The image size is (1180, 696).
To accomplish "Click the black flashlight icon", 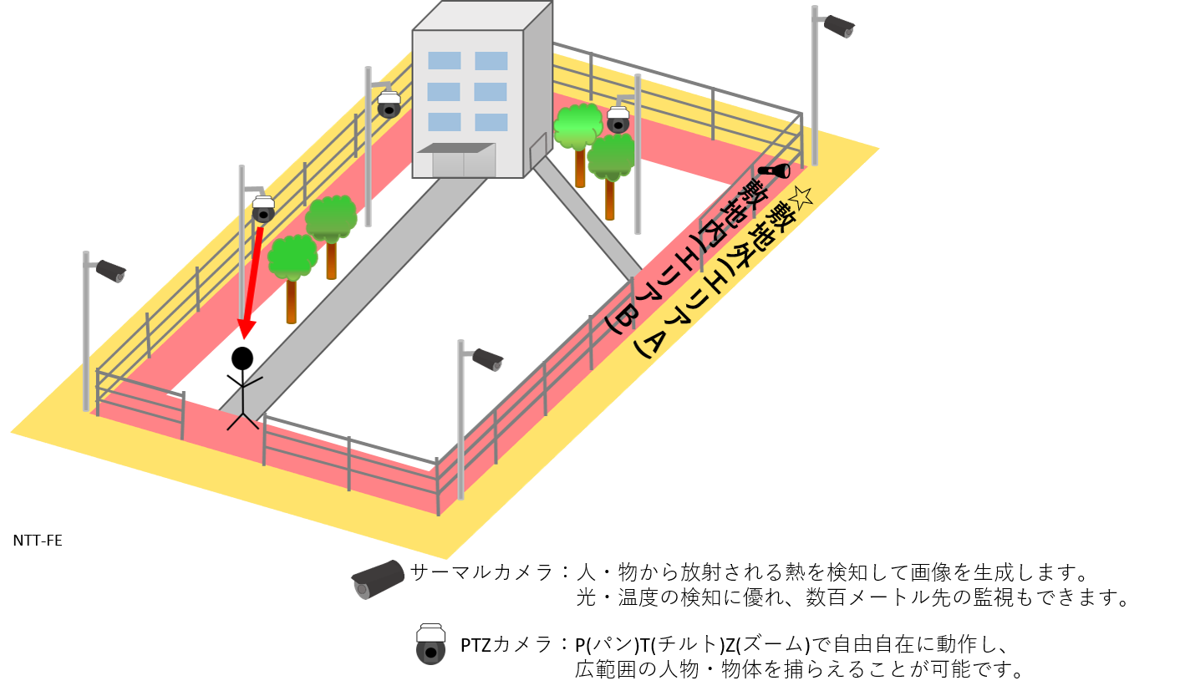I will click(x=774, y=171).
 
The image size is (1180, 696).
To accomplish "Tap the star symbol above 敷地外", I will click(x=800, y=197).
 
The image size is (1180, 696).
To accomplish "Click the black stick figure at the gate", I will click(x=243, y=405).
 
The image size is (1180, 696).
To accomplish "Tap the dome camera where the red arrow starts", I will click(x=263, y=209).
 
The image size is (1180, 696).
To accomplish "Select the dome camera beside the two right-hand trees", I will click(x=618, y=119).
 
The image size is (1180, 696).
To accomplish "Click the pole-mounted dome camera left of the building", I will click(x=389, y=104).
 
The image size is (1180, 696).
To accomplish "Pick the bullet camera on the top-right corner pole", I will click(x=838, y=26).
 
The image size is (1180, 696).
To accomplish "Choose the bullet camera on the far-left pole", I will click(x=110, y=271).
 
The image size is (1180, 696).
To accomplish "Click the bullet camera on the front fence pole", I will click(x=487, y=359).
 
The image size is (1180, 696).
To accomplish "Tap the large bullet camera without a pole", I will click(x=379, y=579).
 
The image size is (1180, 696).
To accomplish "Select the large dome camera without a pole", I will click(x=430, y=644).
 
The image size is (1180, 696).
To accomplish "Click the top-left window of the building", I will click(x=444, y=60).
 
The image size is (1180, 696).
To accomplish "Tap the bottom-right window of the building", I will click(x=491, y=122).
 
